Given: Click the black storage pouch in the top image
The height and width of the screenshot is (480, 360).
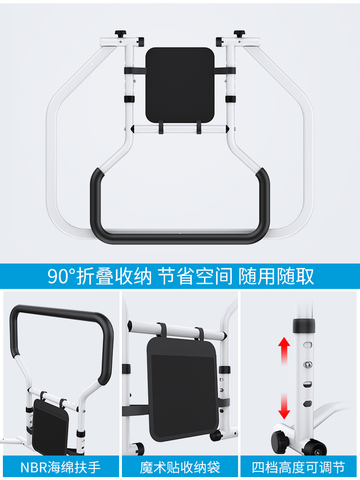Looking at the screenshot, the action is pos(180,85).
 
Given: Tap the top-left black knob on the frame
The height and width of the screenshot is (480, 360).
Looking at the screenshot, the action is pos(120,33).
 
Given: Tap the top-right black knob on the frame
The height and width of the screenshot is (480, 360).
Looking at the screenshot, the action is pos(240,33).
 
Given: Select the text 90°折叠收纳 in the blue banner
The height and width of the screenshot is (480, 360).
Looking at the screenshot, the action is pos(99,276).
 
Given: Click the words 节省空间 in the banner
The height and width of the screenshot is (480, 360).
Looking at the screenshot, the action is pos(195,276).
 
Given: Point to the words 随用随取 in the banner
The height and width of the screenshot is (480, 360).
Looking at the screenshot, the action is pos(276,276).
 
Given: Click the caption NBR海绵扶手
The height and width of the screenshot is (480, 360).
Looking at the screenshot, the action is pos(60,468).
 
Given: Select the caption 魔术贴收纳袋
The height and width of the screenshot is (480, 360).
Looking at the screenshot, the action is pos(180,468).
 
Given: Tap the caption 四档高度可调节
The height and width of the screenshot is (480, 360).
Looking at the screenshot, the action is pos(299,468).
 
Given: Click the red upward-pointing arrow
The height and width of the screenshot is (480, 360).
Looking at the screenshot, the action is pos(284,351).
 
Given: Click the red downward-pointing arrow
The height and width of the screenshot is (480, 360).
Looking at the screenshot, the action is pos(284,406).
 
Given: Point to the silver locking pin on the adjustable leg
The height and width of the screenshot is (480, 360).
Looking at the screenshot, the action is pos(307,364).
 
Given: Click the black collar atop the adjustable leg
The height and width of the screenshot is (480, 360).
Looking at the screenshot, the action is pos(304,325).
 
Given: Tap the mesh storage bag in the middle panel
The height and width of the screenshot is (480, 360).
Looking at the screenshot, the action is pos(183,389).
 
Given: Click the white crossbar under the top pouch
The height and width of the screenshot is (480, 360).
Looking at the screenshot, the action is pos(180,129).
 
